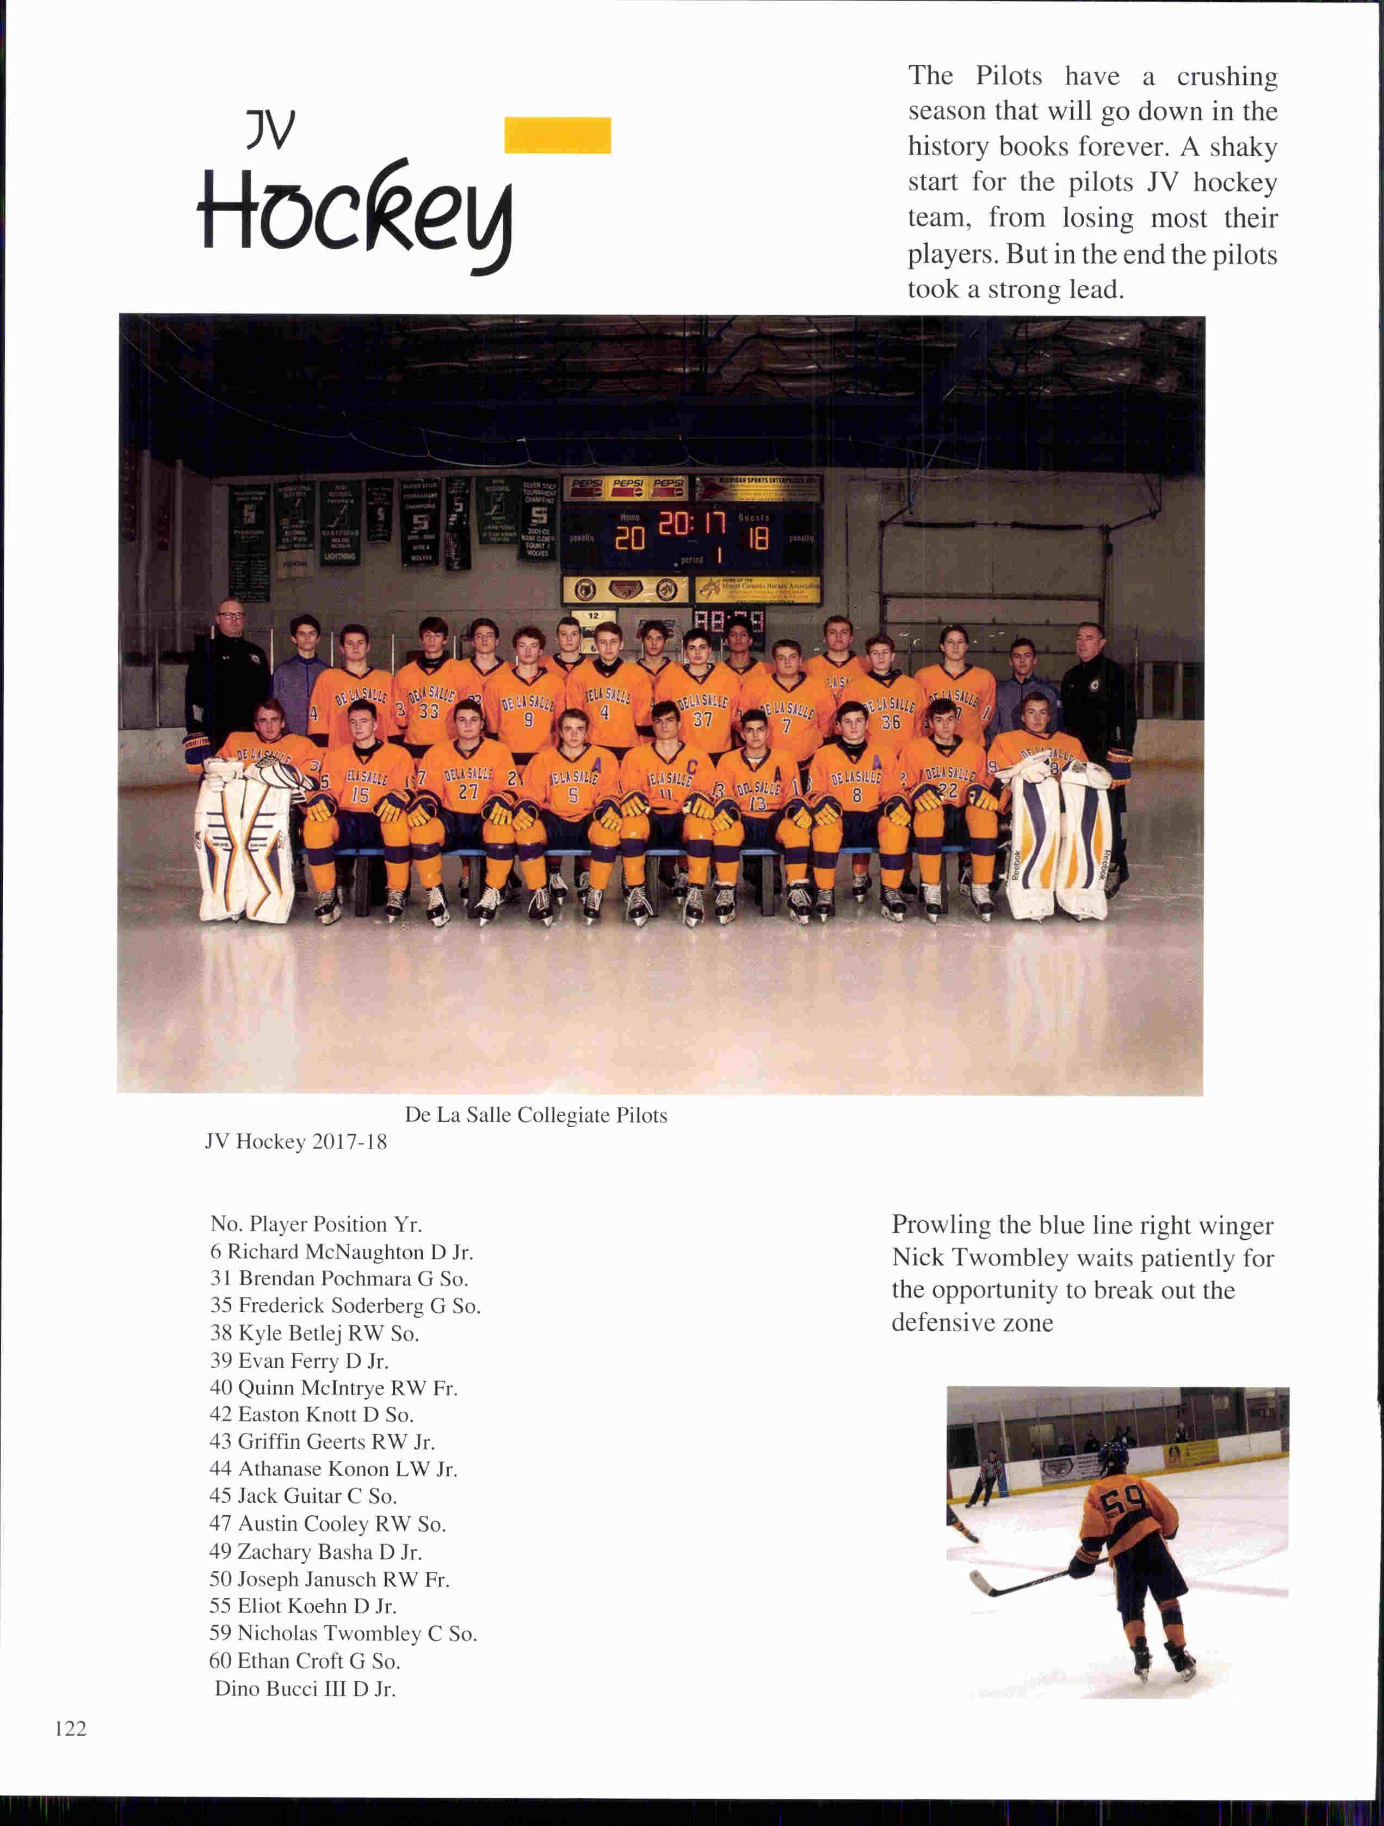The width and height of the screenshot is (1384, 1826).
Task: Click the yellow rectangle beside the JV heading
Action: (x=557, y=136)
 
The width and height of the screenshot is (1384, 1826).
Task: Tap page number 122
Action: (x=71, y=1728)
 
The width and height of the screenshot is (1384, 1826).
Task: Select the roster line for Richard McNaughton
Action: (x=341, y=1251)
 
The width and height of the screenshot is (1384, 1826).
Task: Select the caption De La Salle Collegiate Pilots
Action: (x=536, y=1115)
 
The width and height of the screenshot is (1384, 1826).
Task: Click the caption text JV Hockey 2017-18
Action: (x=295, y=1142)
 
